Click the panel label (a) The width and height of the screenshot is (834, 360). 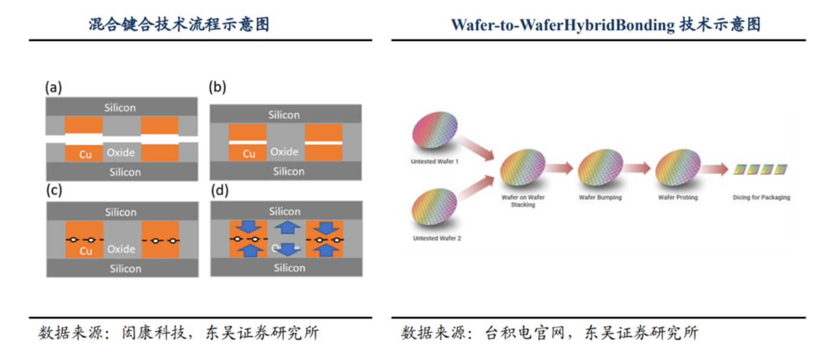(53, 88)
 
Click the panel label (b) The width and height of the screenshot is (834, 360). (217, 88)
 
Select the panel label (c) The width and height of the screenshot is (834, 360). (53, 191)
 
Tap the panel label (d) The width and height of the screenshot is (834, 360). (217, 191)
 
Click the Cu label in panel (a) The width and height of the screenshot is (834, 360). (86, 154)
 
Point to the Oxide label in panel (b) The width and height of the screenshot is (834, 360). (284, 152)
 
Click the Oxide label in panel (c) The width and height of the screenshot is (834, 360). (121, 249)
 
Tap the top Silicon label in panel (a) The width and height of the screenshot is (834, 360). (120, 108)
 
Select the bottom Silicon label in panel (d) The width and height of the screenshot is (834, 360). (289, 268)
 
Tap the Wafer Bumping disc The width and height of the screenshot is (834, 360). (599, 168)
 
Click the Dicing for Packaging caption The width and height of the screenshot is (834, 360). (761, 197)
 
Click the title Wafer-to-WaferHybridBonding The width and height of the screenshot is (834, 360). (562, 25)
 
